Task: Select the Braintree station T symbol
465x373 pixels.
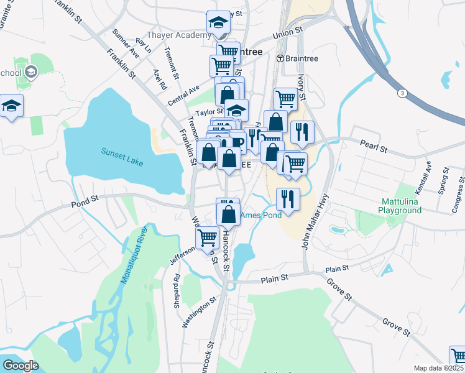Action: (x=280, y=58)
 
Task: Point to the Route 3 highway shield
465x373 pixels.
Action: (x=403, y=93)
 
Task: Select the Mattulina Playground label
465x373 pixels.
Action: (x=408, y=206)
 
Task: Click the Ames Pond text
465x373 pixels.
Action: (x=261, y=215)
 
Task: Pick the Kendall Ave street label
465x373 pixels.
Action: (x=423, y=178)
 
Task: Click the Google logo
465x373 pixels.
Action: (x=20, y=365)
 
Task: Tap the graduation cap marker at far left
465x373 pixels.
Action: (x=11, y=106)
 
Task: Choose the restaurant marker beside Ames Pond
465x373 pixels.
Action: (x=288, y=200)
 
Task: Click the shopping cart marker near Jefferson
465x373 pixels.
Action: (x=207, y=236)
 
